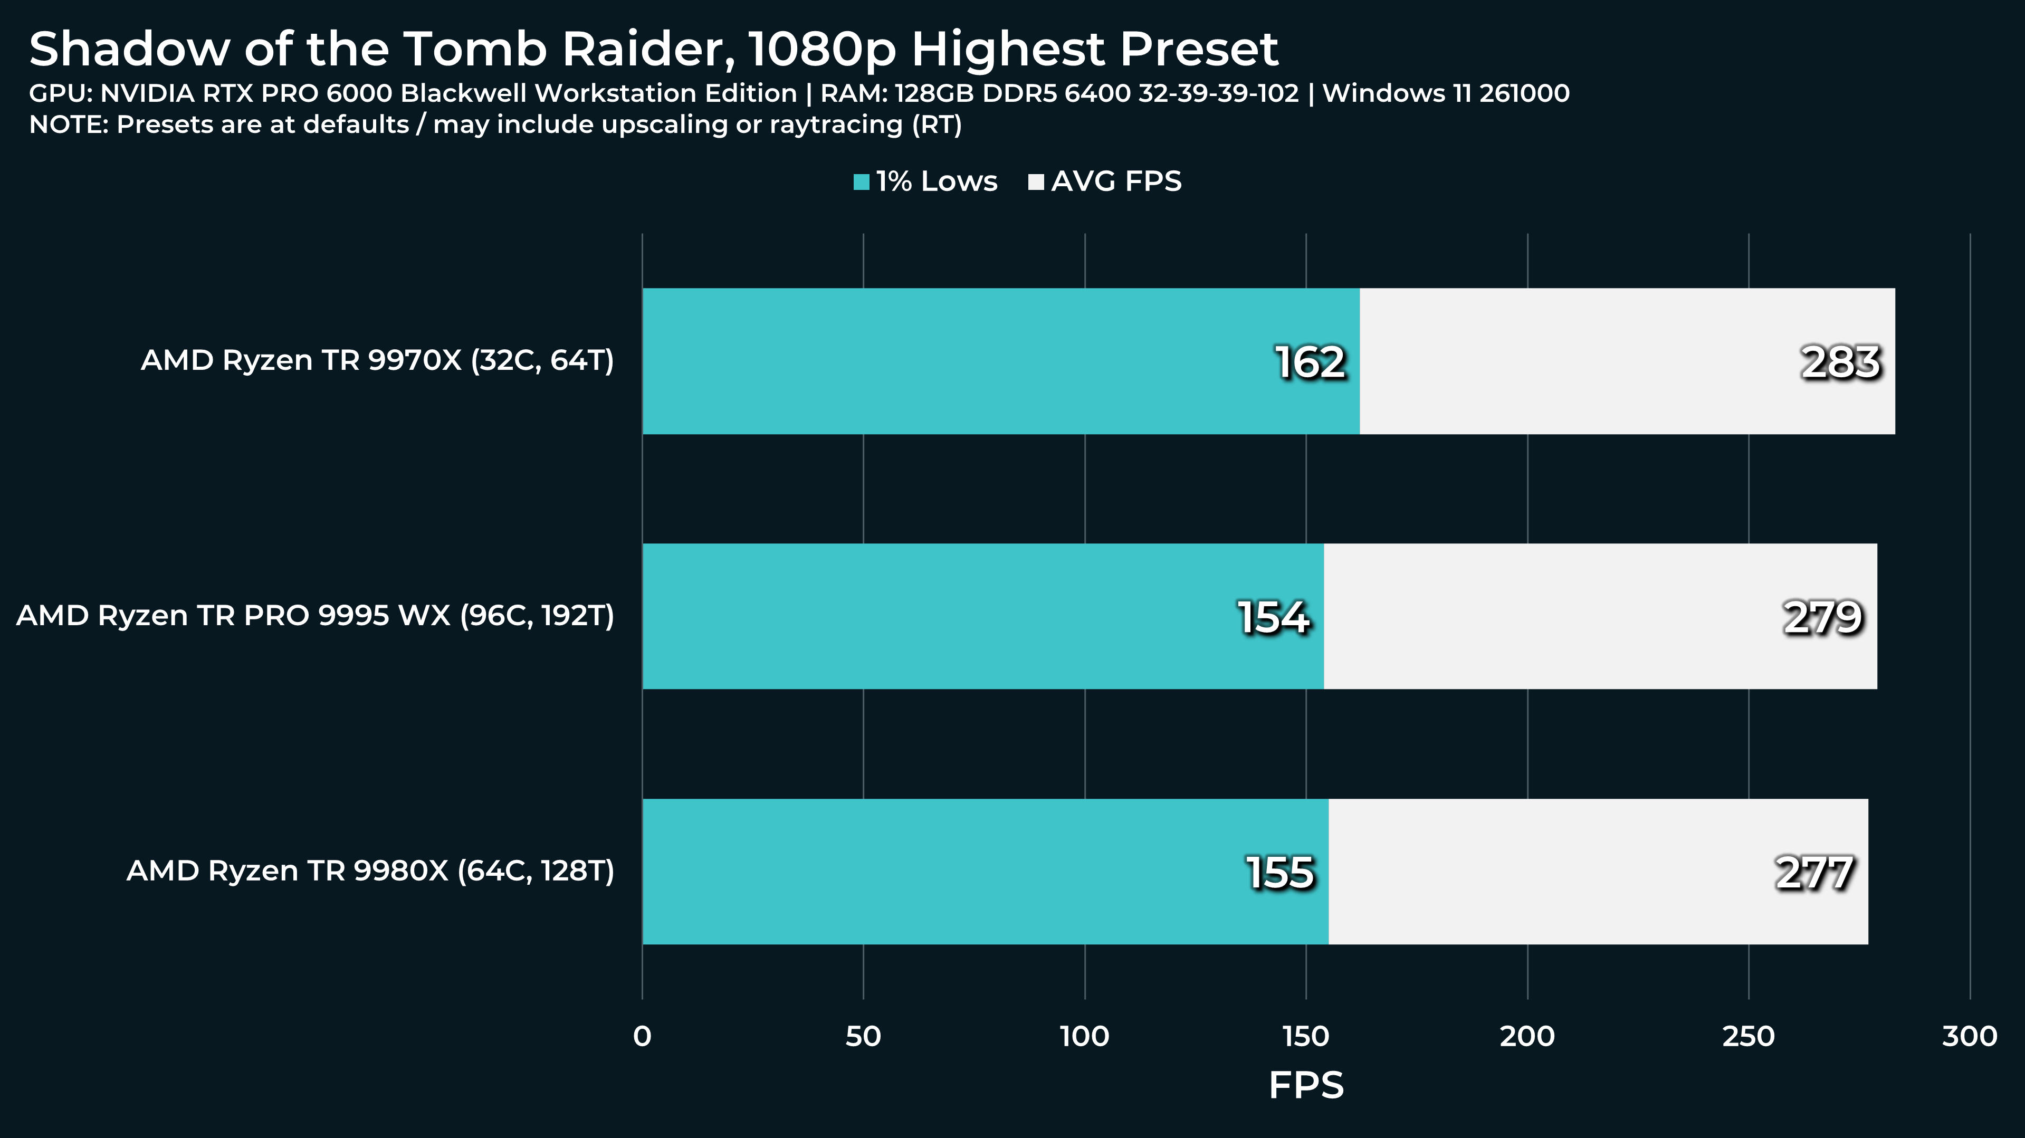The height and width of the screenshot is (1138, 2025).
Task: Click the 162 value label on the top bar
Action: [x=1310, y=362]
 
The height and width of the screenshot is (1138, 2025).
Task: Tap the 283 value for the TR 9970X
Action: [x=1840, y=362]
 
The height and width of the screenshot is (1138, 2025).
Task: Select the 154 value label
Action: [x=1274, y=617]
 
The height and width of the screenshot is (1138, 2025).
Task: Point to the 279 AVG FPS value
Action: [x=1822, y=617]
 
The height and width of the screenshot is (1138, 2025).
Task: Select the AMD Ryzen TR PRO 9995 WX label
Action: [x=315, y=615]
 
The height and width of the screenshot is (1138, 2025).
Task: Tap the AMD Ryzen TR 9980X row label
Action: [x=370, y=871]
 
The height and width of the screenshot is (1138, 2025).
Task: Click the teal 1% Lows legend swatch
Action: [x=862, y=183]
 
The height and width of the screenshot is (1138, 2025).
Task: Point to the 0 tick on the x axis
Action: [x=642, y=1037]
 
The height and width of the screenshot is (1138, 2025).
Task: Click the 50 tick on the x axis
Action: [x=863, y=1037]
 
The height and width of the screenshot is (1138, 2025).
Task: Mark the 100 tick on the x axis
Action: [x=1085, y=1037]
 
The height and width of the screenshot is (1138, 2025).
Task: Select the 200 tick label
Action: [x=1527, y=1037]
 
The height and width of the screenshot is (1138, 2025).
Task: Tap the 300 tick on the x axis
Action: [x=1969, y=1037]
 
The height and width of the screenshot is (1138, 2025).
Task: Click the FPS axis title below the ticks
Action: [x=1306, y=1085]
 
